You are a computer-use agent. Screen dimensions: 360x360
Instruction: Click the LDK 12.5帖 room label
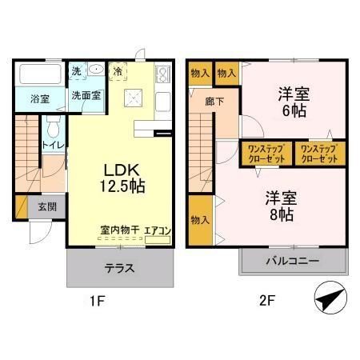tap(122, 178)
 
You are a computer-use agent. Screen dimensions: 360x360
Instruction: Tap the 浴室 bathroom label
tap(40, 99)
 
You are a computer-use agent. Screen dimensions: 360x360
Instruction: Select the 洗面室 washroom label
tap(86, 95)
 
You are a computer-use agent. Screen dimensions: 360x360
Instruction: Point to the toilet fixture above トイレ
tap(53, 126)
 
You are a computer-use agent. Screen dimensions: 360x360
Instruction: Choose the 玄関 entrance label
tap(46, 206)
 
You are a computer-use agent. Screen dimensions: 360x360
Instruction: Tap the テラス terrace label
tap(118, 267)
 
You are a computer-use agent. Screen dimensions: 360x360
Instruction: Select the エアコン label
tap(158, 230)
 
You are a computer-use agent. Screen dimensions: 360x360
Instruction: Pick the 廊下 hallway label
tap(214, 102)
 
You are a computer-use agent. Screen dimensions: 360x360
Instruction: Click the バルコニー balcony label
tap(293, 262)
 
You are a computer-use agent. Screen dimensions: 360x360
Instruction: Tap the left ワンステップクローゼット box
tap(266, 153)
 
